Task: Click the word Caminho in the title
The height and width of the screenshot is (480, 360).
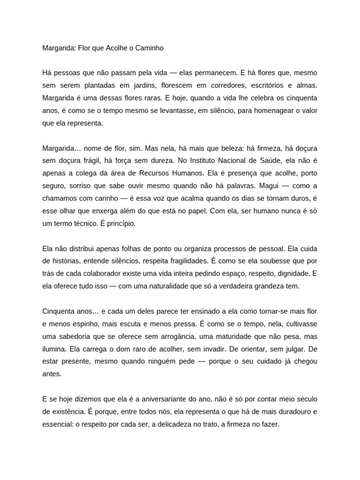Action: point(148,48)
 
